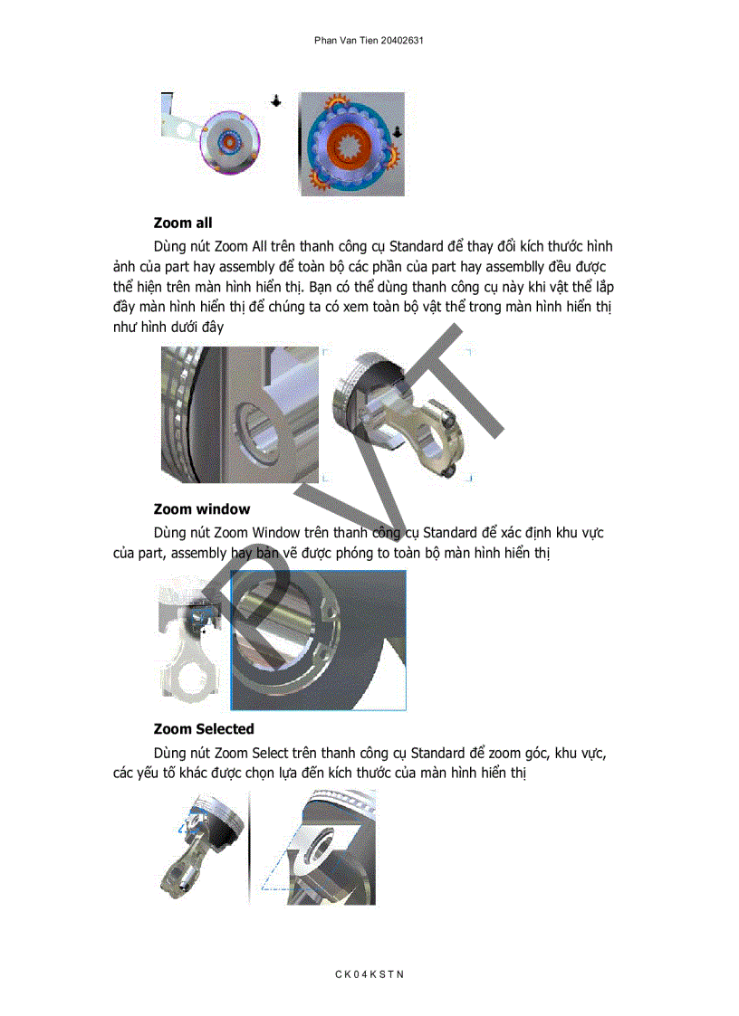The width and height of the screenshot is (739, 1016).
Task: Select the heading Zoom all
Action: (183, 223)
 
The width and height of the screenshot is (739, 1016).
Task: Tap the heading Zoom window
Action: (201, 509)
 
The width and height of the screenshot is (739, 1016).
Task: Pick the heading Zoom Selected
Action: (204, 729)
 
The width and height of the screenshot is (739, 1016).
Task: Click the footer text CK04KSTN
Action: (369, 974)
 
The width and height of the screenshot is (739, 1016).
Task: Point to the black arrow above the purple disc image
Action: (275, 101)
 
